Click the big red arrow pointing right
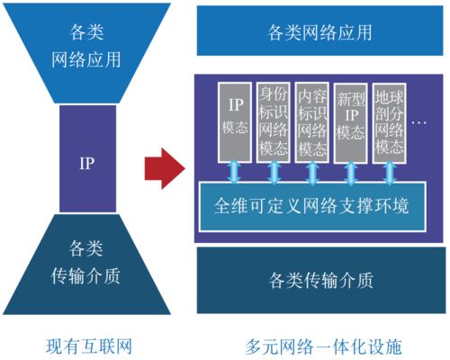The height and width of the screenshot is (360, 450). click(x=165, y=166)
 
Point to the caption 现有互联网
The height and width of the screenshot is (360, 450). click(x=89, y=345)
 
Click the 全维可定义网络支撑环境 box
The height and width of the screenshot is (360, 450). click(x=309, y=206)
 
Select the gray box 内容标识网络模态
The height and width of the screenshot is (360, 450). click(x=311, y=121)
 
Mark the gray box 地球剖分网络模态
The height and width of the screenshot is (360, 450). click(x=389, y=122)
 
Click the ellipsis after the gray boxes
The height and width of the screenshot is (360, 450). click(x=419, y=121)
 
